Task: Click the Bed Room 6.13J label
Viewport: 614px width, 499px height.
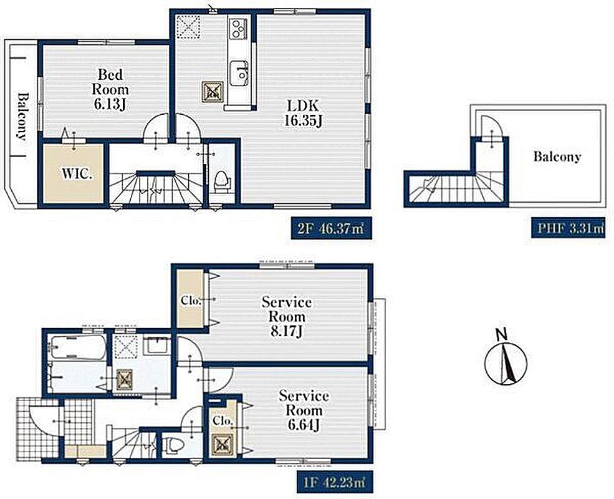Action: coord(110,89)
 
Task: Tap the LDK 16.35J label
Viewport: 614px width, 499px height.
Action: coord(303,113)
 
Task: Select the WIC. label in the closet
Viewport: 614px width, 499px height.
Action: coord(77,173)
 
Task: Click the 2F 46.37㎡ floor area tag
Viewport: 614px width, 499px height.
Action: coord(331,228)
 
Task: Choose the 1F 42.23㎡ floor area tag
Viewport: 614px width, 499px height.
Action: coord(333,482)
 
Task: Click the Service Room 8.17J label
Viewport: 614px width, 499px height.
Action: coord(287,316)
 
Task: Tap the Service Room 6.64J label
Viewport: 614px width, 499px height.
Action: coord(304,410)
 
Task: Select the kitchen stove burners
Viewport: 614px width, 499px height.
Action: coord(237,28)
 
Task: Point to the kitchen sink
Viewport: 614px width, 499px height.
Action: coord(239,73)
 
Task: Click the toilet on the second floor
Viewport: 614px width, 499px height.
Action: coord(222,182)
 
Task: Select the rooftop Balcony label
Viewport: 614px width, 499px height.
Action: coord(557,157)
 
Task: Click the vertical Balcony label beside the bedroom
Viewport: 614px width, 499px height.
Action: coord(22,116)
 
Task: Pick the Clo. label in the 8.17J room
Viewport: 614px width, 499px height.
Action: coord(191,301)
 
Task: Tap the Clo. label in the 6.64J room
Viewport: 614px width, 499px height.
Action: coord(223,421)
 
